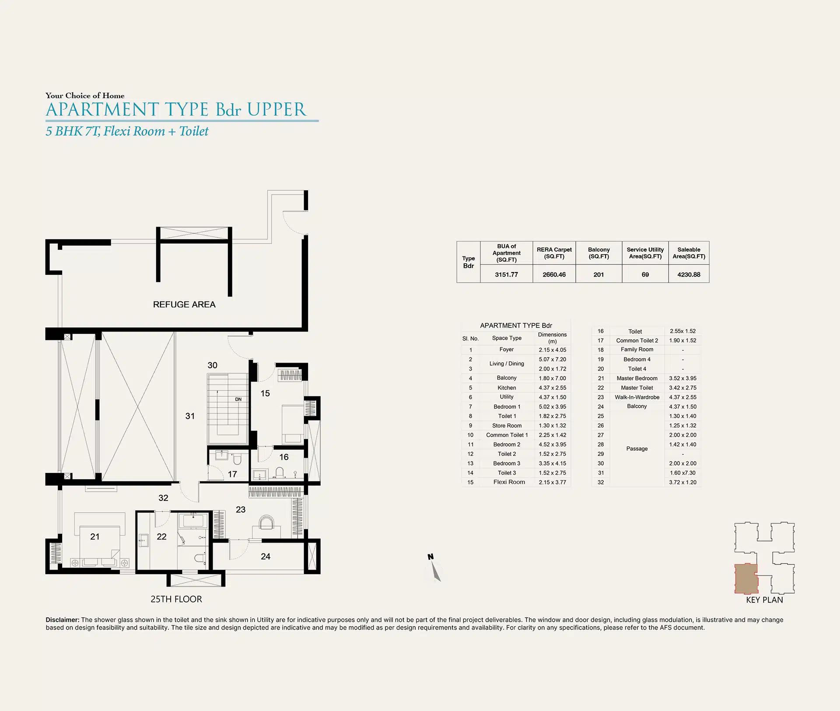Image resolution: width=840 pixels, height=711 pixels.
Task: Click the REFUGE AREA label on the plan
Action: click(x=184, y=305)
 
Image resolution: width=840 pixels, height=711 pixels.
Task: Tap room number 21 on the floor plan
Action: click(x=95, y=536)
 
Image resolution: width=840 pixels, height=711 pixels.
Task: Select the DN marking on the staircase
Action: click(x=238, y=399)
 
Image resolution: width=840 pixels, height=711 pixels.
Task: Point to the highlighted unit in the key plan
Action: click(x=745, y=578)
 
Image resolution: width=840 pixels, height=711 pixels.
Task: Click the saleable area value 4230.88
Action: click(x=689, y=275)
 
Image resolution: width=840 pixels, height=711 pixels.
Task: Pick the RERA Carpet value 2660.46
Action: click(x=554, y=275)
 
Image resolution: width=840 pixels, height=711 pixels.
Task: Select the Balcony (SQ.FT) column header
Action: click(x=598, y=253)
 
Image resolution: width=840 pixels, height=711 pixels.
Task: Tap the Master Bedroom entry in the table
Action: click(x=637, y=378)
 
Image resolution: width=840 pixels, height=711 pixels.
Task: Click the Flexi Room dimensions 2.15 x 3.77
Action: click(x=552, y=482)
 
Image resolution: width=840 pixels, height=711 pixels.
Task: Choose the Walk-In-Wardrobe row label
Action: click(x=637, y=397)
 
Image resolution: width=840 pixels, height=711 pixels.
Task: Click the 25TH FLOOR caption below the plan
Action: click(x=176, y=599)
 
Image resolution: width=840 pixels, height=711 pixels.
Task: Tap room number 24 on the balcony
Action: click(x=266, y=557)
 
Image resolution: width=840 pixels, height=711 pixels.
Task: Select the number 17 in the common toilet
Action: click(x=232, y=474)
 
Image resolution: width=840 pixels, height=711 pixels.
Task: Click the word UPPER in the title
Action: click(x=276, y=109)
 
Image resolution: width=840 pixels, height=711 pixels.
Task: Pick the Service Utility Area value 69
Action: click(x=645, y=275)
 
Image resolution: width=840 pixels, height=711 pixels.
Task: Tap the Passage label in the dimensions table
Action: click(x=637, y=448)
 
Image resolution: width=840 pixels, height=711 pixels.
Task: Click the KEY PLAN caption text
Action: click(x=764, y=600)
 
